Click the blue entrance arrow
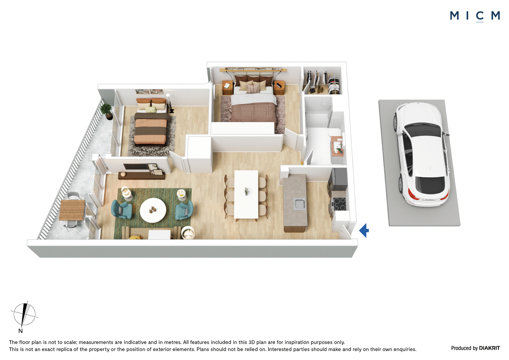coord(364,230)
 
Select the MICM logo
coord(475,16)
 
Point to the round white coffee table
coord(153,210)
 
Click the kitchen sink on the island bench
coord(299,203)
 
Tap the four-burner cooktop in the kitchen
coord(339,204)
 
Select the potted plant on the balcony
coord(107,111)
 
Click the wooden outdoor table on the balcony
coord(72,210)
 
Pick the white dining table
coord(246,195)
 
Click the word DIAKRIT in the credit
coord(489,348)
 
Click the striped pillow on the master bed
coord(253,88)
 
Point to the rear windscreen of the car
coord(430,184)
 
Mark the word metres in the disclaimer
coord(172,342)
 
